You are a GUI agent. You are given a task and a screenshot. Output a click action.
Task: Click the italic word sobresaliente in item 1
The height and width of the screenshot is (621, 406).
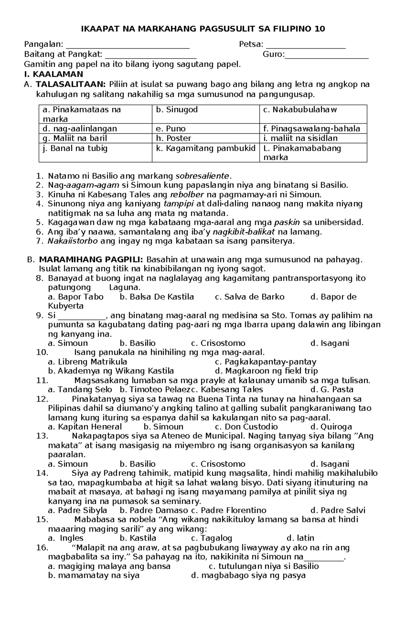pyautogui.click(x=202, y=176)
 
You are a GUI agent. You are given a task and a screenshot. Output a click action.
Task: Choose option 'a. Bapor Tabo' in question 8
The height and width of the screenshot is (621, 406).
pyautogui.click(x=76, y=297)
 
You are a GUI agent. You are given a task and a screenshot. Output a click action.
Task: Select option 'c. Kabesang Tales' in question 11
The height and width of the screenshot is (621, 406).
pyautogui.click(x=227, y=390)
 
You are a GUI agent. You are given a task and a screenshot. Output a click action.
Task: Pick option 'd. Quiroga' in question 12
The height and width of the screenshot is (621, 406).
pyautogui.click(x=331, y=427)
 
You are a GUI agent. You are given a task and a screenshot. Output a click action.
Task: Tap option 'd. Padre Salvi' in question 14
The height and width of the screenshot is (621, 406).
pyautogui.click(x=338, y=510)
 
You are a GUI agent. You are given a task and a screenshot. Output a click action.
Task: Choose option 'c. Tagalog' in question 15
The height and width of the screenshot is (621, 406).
pyautogui.click(x=211, y=538)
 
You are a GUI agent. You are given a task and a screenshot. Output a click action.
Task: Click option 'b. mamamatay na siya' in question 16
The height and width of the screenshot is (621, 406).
pyautogui.click(x=94, y=575)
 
